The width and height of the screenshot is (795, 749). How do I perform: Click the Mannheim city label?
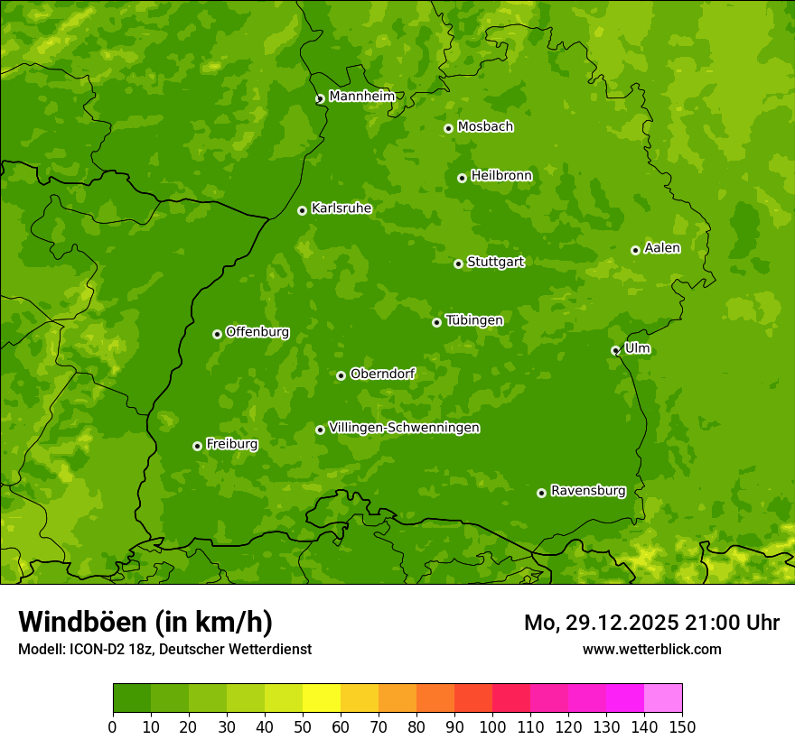click(x=361, y=97)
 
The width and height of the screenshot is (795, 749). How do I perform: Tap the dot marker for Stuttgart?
click(x=458, y=264)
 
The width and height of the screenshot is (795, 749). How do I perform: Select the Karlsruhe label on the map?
click(x=341, y=208)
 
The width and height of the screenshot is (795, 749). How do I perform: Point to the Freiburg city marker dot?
click(x=197, y=446)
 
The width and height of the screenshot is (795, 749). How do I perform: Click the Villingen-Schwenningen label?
click(x=404, y=428)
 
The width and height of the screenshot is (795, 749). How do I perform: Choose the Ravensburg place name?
click(x=587, y=491)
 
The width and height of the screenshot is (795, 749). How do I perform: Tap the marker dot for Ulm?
click(x=615, y=350)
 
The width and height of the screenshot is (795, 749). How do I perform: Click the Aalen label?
click(x=661, y=248)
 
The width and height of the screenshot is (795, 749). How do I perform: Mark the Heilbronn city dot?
click(x=462, y=178)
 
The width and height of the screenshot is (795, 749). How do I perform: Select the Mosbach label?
click(x=484, y=127)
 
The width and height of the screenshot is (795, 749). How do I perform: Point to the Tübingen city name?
click(x=473, y=320)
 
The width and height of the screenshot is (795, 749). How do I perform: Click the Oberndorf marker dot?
click(x=341, y=375)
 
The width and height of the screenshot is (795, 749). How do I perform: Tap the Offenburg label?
click(x=257, y=332)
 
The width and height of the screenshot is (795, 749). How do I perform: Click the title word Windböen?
click(x=81, y=622)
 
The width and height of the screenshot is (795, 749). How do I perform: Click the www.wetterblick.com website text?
click(x=651, y=649)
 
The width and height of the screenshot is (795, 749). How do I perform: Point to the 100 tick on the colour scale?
click(x=491, y=726)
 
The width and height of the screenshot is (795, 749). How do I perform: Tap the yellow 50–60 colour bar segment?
click(x=321, y=698)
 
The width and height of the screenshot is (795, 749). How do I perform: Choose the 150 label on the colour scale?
click(x=681, y=726)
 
